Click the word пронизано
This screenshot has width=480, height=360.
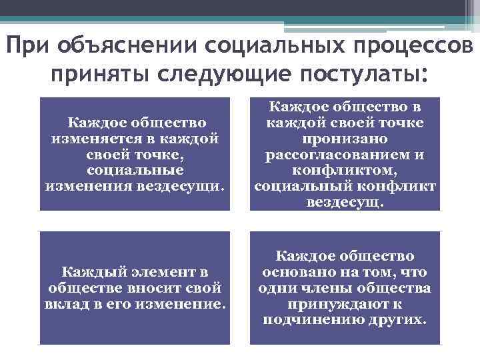click(x=345, y=139)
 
